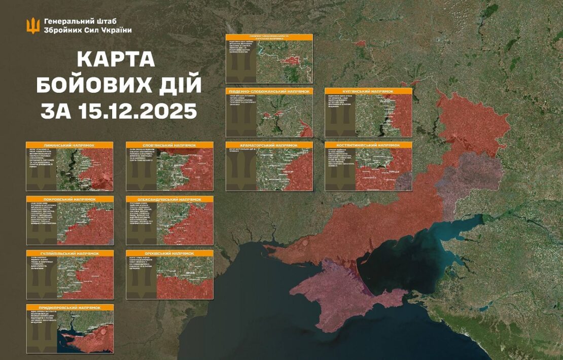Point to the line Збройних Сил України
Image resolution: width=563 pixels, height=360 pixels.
pos(88,30)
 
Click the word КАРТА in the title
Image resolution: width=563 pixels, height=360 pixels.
pos(116,60)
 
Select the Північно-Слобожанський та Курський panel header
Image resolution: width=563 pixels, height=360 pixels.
pos(269,38)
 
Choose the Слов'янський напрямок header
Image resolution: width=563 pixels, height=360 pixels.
pos(169,145)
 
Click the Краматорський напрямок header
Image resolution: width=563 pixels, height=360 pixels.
pos(269,145)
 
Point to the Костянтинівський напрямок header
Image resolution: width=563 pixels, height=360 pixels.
pos(368,145)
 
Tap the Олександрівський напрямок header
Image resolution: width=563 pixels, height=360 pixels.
pos(169,199)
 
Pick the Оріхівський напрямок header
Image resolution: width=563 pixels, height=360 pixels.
pos(169,253)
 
